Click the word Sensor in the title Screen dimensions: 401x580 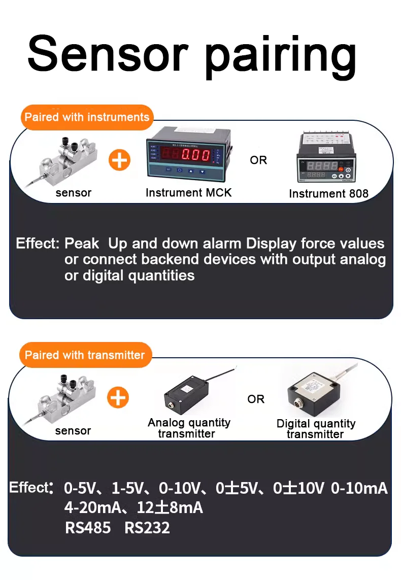coord(108,54)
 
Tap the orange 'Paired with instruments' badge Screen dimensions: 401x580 coord(87,117)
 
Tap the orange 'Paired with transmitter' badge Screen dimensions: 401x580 coord(85,355)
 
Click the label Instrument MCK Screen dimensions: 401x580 coord(189,193)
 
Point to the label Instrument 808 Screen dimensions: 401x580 coord(328,193)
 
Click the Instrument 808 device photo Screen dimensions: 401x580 coord(326,158)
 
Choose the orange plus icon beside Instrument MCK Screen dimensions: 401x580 coord(119,160)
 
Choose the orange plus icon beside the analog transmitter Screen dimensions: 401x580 coord(118,398)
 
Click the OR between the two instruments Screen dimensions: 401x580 coord(258,160)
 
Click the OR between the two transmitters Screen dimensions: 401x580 coord(256,399)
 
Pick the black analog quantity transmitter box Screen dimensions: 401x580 coord(187,395)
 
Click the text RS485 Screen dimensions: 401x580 coord(88,528)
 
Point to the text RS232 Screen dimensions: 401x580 coord(147,528)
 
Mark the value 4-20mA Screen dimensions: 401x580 coord(93,507)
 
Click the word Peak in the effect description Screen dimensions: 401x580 coord(82,244)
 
